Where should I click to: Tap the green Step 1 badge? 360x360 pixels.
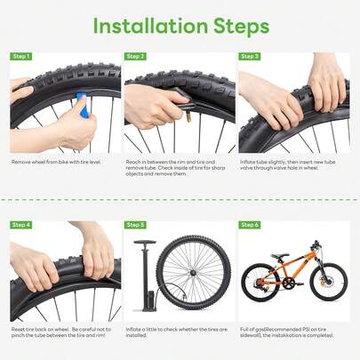[x=20, y=56]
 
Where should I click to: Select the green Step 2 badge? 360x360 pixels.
[x=135, y=56]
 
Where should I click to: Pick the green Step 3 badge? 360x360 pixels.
[x=250, y=56]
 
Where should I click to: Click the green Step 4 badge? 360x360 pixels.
[x=20, y=225]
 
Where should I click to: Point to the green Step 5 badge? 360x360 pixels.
[x=135, y=225]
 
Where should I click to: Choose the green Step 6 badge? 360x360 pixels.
[x=250, y=225]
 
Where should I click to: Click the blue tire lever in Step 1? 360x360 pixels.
[x=85, y=106]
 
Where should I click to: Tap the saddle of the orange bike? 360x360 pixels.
[x=274, y=251]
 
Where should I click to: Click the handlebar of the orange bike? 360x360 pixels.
[x=314, y=244]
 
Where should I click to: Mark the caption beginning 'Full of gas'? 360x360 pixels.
[x=289, y=332]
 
